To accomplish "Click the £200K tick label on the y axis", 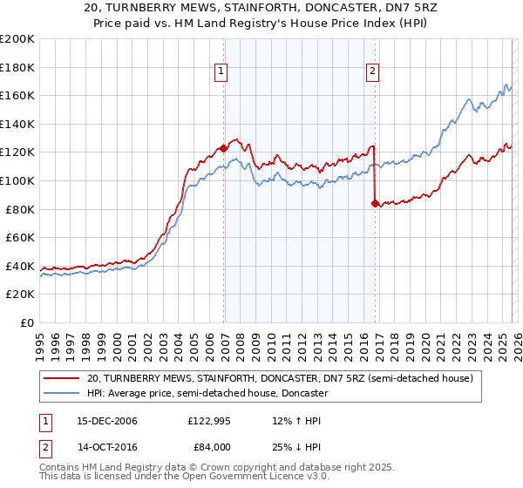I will [x=17, y=39].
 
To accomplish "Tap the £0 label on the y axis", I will [x=28, y=322].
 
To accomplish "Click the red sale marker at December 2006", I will [x=224, y=149].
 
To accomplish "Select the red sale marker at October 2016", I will [x=375, y=204].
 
